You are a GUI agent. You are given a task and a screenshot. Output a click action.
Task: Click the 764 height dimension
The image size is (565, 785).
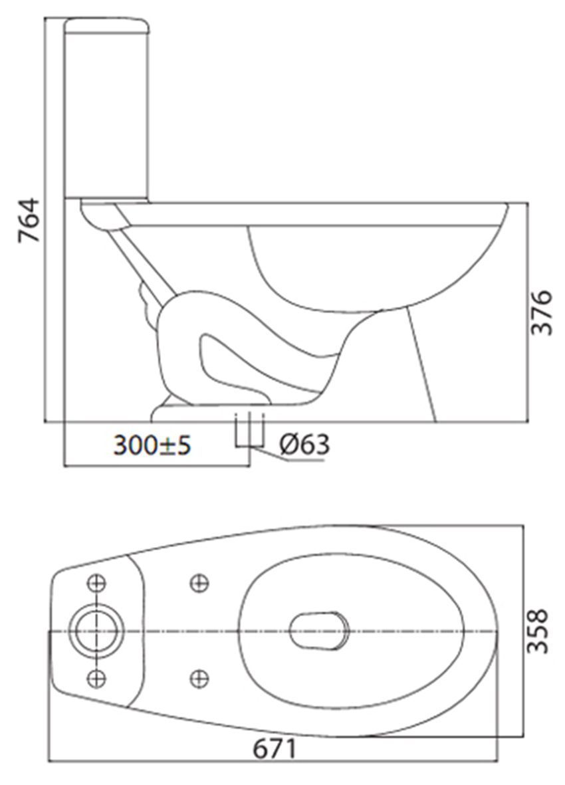tap(29, 220)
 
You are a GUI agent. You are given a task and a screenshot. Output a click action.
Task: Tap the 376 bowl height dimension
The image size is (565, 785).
tap(541, 312)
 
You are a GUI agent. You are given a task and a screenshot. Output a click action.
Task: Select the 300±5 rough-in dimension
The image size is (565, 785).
tap(152, 445)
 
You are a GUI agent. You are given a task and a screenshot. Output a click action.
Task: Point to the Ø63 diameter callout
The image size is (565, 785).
tap(305, 444)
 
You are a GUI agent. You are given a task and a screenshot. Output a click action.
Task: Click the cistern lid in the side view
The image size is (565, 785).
tap(106, 26)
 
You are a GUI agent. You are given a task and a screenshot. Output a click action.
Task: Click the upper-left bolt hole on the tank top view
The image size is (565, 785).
tap(96, 583)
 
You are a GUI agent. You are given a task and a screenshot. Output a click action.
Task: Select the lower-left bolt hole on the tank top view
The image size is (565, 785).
tap(96, 678)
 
